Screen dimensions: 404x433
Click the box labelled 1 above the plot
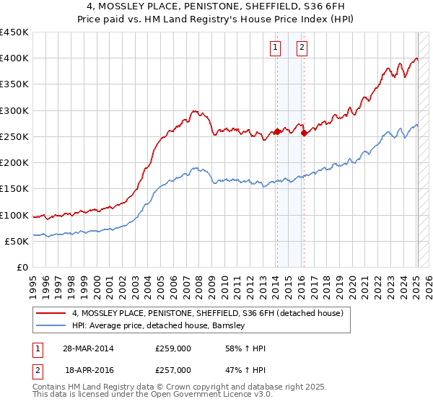[x=276, y=48]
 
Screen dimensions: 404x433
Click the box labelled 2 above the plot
[x=301, y=48]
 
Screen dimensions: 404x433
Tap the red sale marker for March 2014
[x=277, y=132]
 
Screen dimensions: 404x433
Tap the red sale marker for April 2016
[x=304, y=133]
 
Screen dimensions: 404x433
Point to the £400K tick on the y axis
[x=14, y=58]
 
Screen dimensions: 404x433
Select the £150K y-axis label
[x=14, y=189]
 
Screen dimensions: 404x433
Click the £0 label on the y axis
[x=22, y=268]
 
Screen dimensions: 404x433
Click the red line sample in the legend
[x=51, y=313]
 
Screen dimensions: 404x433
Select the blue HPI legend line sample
[x=51, y=325]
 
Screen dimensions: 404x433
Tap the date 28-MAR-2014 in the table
[x=88, y=348]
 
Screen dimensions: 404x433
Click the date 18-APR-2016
[x=88, y=369]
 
